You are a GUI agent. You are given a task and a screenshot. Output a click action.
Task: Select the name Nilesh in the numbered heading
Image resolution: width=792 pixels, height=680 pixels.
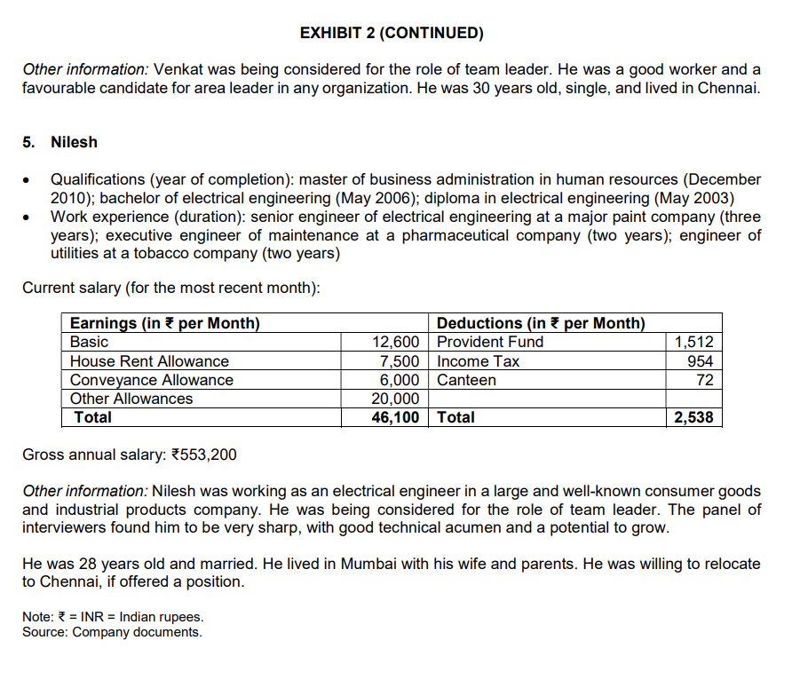coord(75,142)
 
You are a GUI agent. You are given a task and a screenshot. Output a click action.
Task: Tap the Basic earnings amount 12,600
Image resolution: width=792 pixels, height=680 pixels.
coord(395,342)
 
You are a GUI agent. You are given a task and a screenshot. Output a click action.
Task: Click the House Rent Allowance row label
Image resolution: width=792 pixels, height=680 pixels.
coord(149,361)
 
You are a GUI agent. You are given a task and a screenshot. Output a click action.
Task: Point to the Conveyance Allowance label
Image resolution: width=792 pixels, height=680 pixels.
coord(152,380)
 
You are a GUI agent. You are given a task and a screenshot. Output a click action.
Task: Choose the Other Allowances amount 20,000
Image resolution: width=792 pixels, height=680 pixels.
coord(395,399)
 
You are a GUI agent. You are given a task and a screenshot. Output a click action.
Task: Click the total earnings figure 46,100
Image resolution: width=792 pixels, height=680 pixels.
coord(395,417)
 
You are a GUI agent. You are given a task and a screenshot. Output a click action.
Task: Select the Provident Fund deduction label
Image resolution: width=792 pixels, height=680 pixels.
coord(490,342)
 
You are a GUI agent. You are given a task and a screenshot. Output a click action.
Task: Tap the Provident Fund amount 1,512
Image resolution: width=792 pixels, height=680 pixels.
coord(694,342)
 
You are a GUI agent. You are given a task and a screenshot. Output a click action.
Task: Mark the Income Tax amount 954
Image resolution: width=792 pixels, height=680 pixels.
coord(701,361)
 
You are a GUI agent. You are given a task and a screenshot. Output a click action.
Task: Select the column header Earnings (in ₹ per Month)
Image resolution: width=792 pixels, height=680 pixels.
coord(165,323)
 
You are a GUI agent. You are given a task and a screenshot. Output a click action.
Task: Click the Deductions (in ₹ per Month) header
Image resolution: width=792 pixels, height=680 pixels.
coord(541,323)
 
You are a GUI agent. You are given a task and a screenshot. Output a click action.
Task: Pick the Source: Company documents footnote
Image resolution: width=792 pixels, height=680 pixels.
coord(112,632)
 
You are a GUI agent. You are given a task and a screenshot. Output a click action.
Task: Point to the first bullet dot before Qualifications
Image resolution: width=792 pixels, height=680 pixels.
coord(28,179)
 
